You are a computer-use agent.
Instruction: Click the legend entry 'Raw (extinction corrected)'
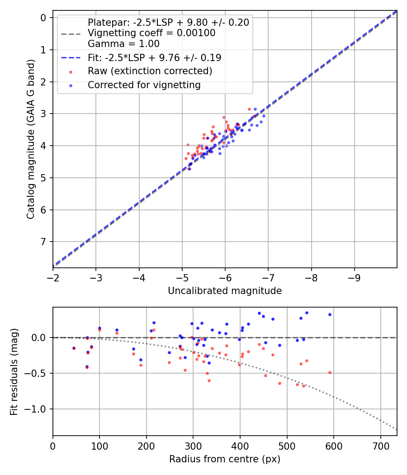click(x=150, y=71)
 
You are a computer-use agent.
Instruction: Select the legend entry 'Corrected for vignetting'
click(x=144, y=85)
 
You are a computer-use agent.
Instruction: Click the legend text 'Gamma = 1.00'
click(x=123, y=44)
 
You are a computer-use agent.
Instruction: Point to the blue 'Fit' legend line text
click(x=154, y=58)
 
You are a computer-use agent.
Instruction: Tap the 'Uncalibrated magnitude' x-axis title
click(x=225, y=291)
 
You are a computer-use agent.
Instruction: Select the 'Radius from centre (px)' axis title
click(x=225, y=459)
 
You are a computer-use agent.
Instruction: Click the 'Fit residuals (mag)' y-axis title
click(x=14, y=371)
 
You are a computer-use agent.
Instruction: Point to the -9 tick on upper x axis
click(x=354, y=276)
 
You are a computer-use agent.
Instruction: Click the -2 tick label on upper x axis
click(x=53, y=276)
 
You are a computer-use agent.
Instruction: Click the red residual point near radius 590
click(x=330, y=372)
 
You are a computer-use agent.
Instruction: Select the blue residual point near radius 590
click(x=330, y=314)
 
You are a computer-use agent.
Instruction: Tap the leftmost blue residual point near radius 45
click(x=74, y=348)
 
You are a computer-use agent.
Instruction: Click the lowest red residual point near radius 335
click(x=209, y=380)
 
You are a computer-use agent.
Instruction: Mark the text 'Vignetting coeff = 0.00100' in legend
click(x=151, y=33)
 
